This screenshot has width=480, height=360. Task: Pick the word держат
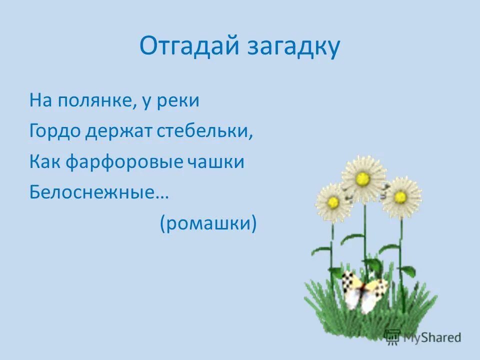coord(117,131)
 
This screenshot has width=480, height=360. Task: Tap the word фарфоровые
coord(124,162)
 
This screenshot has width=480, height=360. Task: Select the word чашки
coord(216,162)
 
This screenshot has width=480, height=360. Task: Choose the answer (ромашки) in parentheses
coord(208,223)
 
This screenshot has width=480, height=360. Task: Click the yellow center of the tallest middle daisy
coord(363,178)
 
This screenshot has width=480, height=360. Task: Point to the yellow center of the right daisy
coord(399,196)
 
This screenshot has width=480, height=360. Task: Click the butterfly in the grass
coord(364,291)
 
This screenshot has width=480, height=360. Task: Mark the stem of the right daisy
coord(400,250)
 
